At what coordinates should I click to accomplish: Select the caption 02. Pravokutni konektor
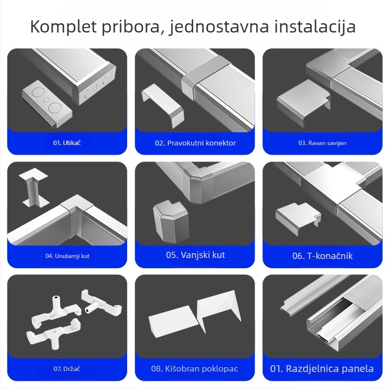pos(195,143)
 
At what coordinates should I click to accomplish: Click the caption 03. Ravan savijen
pos(322,143)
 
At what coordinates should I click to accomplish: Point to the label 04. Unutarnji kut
pos(67,256)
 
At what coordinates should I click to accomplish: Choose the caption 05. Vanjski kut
pos(195,255)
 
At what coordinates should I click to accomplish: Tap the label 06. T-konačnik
pos(322,256)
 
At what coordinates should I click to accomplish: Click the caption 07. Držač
pos(67,369)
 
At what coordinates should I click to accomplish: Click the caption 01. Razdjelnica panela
pos(322,369)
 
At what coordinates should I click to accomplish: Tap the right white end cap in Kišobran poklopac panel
pos(219,313)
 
